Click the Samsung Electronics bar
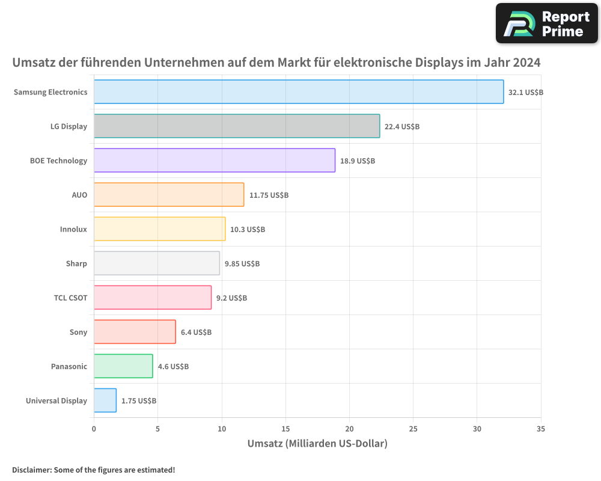coord(299,92)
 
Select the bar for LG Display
coord(237,126)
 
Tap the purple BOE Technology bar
coord(215,161)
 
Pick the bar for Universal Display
coord(105,400)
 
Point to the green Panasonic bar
coord(123,366)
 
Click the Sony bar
coord(135,332)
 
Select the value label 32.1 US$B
coord(526,93)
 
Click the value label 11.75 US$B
coord(269,195)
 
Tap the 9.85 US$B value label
coord(242,264)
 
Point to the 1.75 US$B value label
coord(139,401)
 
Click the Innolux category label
coord(73,229)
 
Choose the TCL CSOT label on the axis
coord(70,298)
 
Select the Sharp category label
coord(76,263)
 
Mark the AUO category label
coord(79,195)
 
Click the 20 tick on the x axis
coord(349,429)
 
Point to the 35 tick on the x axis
coord(541,429)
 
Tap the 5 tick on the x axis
coord(157,429)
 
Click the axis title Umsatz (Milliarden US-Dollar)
coord(317,444)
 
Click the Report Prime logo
coord(546,23)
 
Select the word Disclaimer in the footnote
coord(31,470)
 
